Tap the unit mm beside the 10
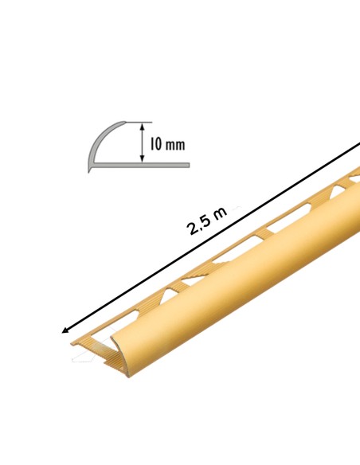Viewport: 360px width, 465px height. point(175,145)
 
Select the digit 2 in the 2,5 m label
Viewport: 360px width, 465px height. point(193,228)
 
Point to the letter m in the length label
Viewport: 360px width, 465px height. point(221,212)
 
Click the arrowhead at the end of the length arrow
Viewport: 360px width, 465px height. point(65,330)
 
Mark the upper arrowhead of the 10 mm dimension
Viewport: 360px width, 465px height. point(143,127)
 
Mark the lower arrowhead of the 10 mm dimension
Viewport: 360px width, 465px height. point(143,158)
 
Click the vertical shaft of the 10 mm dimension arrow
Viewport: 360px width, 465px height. point(143,143)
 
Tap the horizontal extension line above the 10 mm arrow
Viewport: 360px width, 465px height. point(139,122)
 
